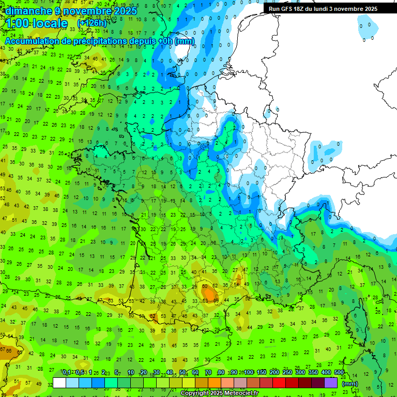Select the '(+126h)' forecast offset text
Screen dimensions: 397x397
[x=91, y=23]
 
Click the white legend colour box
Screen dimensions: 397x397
[x=59, y=383]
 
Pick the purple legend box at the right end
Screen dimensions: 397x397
[x=331, y=383]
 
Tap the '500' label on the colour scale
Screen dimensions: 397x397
[x=339, y=372]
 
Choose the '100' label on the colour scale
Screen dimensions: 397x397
[x=249, y=372]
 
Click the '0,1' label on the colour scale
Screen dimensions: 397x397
[x=67, y=372]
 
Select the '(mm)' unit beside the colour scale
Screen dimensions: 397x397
[x=350, y=384]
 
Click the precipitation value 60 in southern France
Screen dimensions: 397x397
[x=205, y=286]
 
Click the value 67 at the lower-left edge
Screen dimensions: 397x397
[x=3, y=350]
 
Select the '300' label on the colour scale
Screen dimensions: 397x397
[x=300, y=372]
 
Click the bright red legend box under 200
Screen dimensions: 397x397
[x=279, y=383]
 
